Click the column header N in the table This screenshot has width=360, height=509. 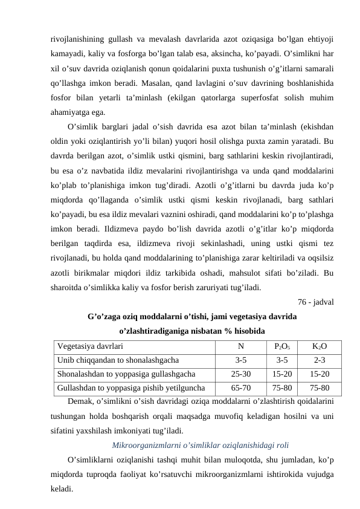coord(240,347)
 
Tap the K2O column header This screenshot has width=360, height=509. coord(320,347)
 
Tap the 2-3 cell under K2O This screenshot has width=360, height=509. coord(320,360)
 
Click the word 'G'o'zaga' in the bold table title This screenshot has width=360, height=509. coord(106,316)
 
